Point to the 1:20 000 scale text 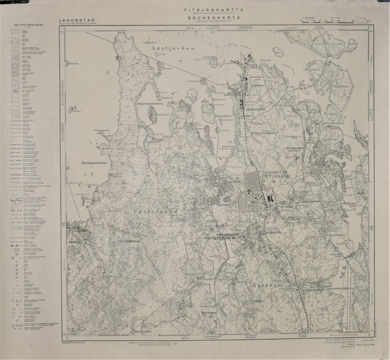tap(308, 18)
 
